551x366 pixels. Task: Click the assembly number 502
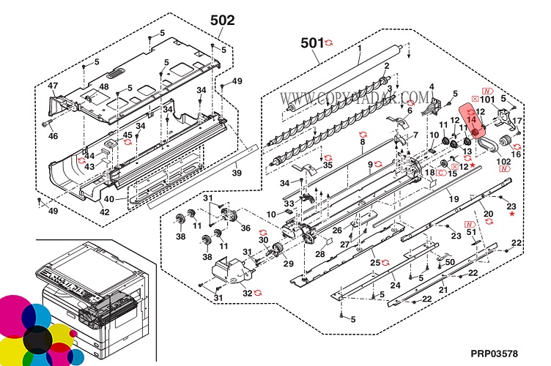pos(223,20)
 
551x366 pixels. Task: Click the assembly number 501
pos(312,42)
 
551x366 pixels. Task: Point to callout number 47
pos(53,86)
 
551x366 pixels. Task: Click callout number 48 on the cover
pos(104,86)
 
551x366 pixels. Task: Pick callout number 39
pos(237,173)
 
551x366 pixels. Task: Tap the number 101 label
pos(487,98)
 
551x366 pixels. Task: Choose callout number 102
pos(503,160)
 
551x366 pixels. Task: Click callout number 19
pos(454,199)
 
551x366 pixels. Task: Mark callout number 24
pos(394,285)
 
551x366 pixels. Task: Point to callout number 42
pos(105,212)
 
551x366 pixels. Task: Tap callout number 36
pos(245,228)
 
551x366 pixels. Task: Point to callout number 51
pos(472,232)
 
